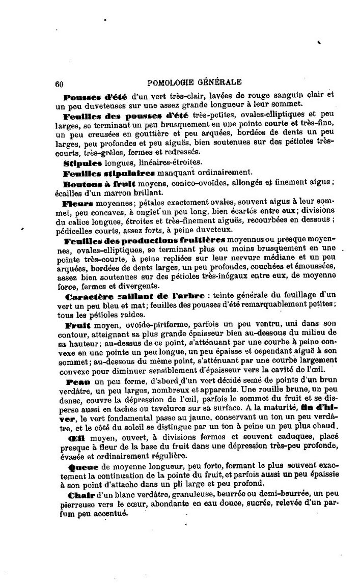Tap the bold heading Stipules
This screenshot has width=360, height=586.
[83, 163]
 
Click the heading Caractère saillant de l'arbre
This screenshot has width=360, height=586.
[134, 295]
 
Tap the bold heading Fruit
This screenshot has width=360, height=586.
[77, 324]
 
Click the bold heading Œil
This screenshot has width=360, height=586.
[76, 438]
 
